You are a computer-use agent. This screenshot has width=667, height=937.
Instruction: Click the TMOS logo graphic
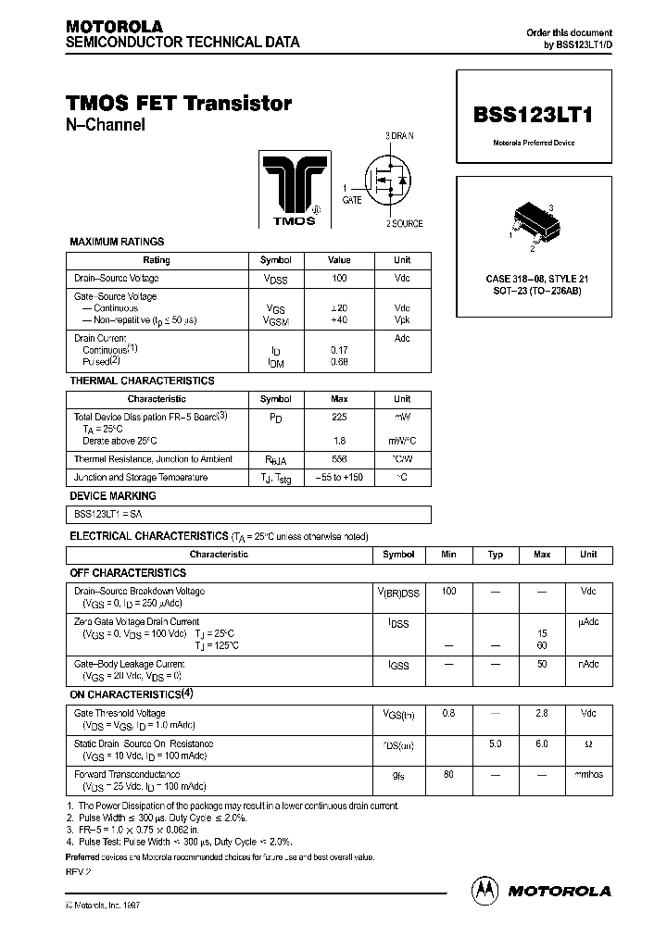coord(290,190)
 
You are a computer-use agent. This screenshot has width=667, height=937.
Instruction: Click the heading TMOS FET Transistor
coord(179,104)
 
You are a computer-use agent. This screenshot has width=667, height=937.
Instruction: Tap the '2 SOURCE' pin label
coord(404,223)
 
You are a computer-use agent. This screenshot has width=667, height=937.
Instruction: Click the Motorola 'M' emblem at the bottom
coord(485,890)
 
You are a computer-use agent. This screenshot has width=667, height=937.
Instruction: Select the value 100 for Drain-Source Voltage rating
coord(339,279)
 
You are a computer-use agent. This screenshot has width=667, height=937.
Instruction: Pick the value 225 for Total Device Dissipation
coord(339,418)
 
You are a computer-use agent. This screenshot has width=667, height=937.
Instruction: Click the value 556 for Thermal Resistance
coord(339,459)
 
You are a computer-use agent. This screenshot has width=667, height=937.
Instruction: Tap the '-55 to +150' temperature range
coord(339,478)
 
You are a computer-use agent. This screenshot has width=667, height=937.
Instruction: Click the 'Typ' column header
coord(496,555)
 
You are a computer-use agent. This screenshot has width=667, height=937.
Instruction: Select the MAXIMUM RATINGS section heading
coord(117,242)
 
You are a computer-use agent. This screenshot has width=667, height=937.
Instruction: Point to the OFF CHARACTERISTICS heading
coord(129,573)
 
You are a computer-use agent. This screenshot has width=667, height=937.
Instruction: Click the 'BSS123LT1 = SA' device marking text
coord(108,515)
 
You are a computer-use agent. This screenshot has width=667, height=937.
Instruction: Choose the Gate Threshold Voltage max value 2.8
coord(542,713)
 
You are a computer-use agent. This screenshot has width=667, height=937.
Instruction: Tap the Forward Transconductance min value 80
coord(448,774)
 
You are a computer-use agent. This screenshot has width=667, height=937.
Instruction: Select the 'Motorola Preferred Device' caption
coord(533,143)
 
